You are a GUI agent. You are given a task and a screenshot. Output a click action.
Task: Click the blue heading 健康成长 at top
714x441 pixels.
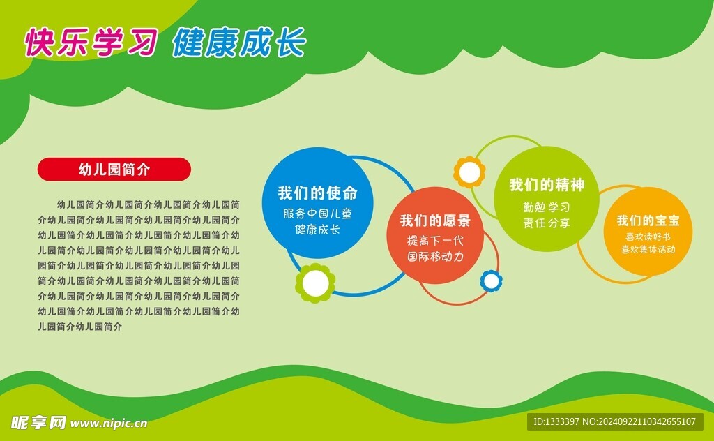(238, 43)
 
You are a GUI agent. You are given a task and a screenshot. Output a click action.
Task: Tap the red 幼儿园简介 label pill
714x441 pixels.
(114, 169)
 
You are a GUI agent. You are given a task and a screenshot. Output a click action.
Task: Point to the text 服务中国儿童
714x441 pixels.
(317, 213)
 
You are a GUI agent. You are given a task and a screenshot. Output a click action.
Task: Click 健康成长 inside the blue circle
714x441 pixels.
(317, 229)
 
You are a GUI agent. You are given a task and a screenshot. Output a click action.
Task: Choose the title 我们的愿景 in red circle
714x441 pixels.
(434, 221)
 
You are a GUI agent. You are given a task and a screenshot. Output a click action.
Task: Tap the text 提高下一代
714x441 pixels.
(435, 240)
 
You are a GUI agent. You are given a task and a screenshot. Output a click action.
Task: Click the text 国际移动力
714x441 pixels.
(435, 256)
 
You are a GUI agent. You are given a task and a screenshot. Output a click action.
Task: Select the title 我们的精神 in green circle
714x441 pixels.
(547, 185)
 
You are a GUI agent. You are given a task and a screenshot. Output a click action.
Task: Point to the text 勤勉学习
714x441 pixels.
(547, 207)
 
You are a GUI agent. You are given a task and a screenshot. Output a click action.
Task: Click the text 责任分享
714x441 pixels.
(547, 223)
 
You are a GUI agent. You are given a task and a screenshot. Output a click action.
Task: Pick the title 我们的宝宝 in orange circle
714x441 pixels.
(648, 221)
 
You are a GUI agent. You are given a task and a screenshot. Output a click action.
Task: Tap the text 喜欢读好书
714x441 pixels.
(648, 237)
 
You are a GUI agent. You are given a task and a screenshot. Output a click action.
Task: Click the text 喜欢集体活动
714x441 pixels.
(648, 249)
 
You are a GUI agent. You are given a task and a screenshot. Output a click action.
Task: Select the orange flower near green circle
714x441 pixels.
(469, 172)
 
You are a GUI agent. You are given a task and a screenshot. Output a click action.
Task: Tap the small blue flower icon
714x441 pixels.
(491, 281)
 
